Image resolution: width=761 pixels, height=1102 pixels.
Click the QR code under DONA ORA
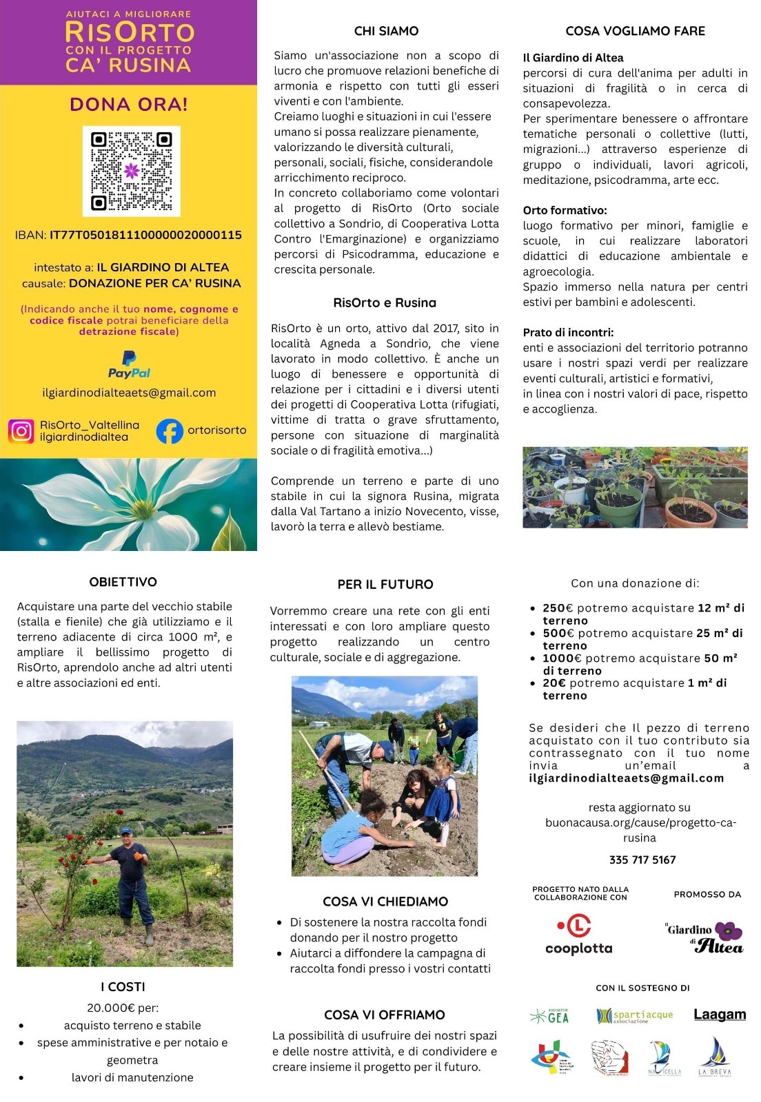pos(131,171)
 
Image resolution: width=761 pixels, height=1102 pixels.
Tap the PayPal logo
pos(129,364)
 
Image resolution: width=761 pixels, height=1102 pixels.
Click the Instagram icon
pos(21,430)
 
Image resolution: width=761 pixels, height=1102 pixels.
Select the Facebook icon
pos(169,431)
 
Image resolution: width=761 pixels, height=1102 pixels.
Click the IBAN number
pos(145,235)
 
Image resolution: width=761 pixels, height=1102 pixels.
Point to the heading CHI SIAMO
pos(386,31)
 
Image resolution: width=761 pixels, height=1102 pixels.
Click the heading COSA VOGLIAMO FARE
pos(635,31)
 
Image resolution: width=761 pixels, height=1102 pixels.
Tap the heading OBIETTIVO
pos(123,582)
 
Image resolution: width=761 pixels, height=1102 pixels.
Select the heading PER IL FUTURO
pos(385,584)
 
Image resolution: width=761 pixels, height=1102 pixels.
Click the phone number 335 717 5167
pos(642,860)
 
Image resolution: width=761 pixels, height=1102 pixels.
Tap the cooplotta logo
pos(578,935)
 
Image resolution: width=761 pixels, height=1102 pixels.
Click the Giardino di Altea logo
pos(705,937)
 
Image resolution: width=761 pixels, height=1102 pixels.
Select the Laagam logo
pos(720,1015)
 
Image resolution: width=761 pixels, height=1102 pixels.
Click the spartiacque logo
pos(634,1016)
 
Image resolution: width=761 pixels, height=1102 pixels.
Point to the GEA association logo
pos(550,1016)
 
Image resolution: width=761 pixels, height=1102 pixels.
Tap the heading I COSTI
pos(123,987)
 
